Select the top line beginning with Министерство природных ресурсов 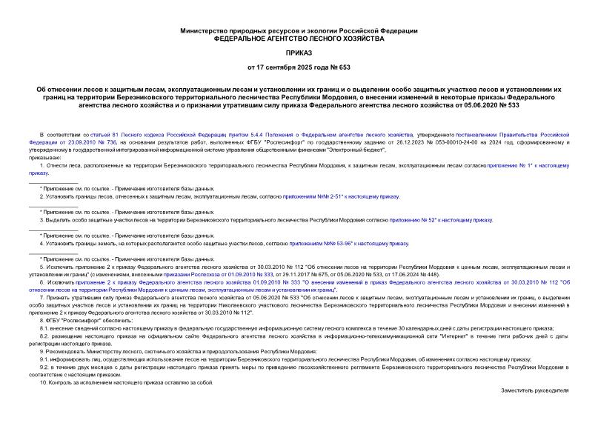(x=299, y=30)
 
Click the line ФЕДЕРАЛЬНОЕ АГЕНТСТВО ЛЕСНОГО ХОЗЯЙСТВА (x=299, y=38)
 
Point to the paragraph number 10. (x=42, y=382)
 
